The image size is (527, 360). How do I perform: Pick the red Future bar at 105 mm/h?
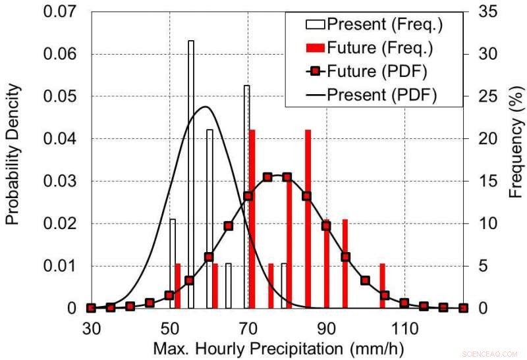tap(382, 286)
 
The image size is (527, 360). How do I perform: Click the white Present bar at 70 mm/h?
tap(246, 197)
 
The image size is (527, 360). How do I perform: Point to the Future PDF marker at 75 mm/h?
tap(267, 177)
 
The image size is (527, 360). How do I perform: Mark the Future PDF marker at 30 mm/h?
tap(91, 308)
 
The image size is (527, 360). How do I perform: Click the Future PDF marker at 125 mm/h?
tap(462, 308)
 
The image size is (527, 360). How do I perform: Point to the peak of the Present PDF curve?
tap(206, 107)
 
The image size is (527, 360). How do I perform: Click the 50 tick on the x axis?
tap(169, 327)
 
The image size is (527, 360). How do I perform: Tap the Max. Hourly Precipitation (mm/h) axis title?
tap(277, 346)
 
